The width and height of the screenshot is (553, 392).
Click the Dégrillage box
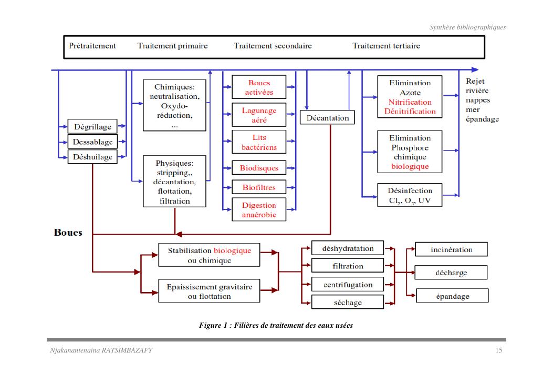tap(92, 127)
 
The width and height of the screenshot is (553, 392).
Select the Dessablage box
tap(92, 142)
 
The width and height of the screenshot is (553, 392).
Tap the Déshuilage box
tap(92, 157)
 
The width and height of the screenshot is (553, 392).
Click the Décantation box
tap(327, 118)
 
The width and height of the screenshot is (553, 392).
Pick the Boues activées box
tap(259, 87)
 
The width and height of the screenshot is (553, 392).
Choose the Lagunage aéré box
tap(259, 115)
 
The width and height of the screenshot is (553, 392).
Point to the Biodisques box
tap(259, 168)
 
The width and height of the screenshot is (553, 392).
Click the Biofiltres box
tap(259, 187)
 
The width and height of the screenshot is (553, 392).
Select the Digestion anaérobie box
tap(259, 210)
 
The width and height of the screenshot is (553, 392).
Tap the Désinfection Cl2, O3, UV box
tap(409, 195)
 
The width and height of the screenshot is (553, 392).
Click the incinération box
tap(451, 249)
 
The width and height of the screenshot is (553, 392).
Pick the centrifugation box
tap(348, 285)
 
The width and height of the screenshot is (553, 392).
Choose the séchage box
tap(348, 303)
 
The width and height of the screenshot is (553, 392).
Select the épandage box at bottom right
tap(452, 296)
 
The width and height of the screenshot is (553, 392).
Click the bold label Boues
tap(68, 233)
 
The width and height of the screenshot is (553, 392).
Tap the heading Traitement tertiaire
tap(386, 46)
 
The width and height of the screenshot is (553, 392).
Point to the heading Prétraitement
tap(92, 46)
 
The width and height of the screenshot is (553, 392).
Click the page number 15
tap(498, 351)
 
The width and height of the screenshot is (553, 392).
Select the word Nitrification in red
tap(410, 102)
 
